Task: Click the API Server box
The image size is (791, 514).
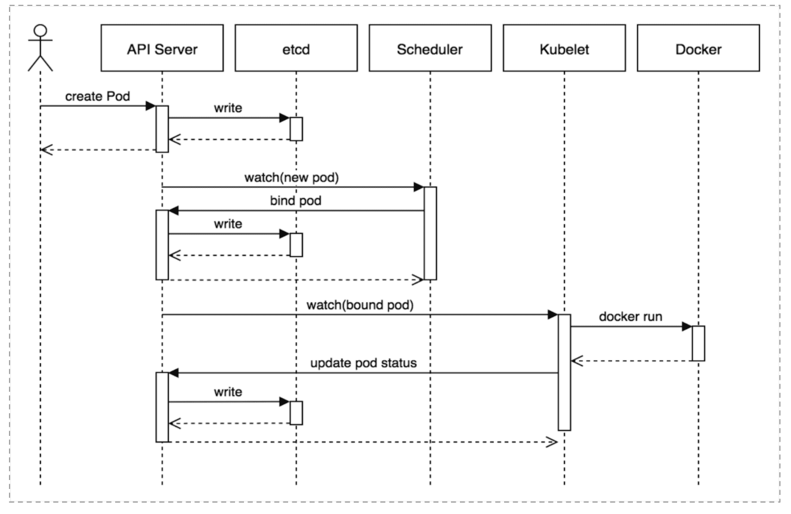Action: coord(162,48)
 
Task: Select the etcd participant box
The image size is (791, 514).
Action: coord(296,48)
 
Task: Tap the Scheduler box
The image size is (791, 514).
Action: coord(430,48)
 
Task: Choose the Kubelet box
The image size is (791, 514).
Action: coord(564,48)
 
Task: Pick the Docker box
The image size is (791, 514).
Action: coord(699,48)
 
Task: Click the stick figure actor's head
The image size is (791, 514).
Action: coord(40,30)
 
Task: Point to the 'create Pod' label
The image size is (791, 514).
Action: coord(97,96)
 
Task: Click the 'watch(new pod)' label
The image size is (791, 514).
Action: coord(291,177)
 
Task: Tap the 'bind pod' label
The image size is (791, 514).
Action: coord(295,200)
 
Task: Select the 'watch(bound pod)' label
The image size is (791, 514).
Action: coord(360,305)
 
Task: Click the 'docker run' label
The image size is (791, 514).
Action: coord(631,317)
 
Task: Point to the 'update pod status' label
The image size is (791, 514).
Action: coord(363,363)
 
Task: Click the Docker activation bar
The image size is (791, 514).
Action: coord(699,343)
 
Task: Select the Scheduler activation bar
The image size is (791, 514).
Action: coord(430,233)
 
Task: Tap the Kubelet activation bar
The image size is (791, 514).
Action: coord(564,373)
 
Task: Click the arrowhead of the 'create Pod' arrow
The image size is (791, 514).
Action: coord(151,106)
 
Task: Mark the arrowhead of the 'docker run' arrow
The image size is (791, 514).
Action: coord(687,327)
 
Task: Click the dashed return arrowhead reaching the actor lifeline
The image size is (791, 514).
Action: coord(47,150)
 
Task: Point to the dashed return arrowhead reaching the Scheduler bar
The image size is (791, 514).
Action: coord(418,280)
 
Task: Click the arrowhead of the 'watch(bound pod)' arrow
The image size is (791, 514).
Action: coord(552,315)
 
